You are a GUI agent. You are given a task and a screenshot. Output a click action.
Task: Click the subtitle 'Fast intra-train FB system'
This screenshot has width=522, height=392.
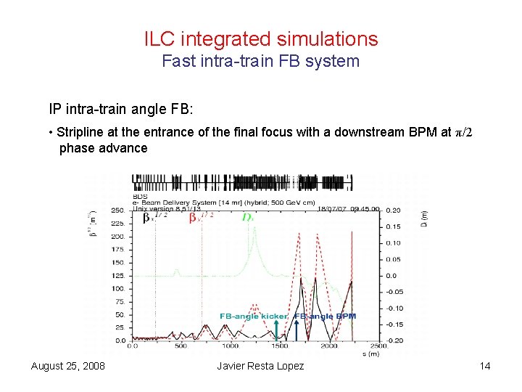(x=261, y=61)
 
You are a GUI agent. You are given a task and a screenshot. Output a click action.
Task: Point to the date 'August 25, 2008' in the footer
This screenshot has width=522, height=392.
(x=68, y=366)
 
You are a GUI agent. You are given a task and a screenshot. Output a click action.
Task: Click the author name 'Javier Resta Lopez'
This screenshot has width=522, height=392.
(x=261, y=366)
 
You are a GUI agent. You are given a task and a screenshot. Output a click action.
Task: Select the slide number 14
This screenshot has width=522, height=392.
(x=485, y=366)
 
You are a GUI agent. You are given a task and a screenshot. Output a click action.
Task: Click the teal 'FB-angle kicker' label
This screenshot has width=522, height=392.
(x=254, y=316)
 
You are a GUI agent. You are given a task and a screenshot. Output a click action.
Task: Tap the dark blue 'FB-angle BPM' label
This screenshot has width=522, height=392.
(x=325, y=316)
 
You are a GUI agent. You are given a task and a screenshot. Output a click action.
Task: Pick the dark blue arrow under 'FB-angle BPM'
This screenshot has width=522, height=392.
(x=296, y=330)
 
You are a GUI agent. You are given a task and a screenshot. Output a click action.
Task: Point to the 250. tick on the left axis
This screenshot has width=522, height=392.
(x=116, y=211)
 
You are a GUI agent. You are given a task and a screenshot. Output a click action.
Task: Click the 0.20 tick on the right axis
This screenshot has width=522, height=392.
(x=391, y=211)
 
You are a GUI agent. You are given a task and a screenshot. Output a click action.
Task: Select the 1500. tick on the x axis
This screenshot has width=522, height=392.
(x=281, y=346)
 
